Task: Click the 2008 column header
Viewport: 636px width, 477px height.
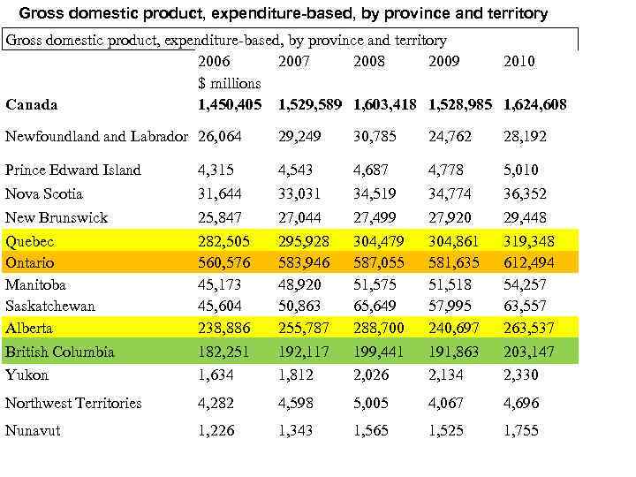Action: pos(368,62)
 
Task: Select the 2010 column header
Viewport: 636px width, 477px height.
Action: pos(519,62)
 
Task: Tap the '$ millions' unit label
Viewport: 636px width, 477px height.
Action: pos(229,83)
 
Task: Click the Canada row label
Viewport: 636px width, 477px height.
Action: pos(31,105)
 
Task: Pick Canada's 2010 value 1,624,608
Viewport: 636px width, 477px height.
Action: pos(534,105)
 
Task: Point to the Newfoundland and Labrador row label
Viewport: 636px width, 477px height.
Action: pos(97,137)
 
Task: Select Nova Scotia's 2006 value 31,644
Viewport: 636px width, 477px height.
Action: pos(219,193)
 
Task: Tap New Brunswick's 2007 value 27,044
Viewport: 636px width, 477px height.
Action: pos(296,217)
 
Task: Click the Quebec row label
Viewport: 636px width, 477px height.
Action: pos(30,241)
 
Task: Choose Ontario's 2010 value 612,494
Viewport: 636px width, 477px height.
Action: pos(525,262)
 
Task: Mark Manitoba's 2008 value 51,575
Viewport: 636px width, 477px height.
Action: pos(375,284)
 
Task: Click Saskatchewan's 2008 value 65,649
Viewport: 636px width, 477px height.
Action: pos(375,306)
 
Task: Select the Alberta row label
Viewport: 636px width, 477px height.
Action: pos(29,328)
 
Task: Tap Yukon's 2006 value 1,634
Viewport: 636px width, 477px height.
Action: pos(216,375)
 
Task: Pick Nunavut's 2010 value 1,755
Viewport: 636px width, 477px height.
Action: pos(520,430)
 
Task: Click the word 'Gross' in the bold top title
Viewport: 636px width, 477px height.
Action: pos(42,14)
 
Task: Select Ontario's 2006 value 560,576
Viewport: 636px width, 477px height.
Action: pos(223,262)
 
